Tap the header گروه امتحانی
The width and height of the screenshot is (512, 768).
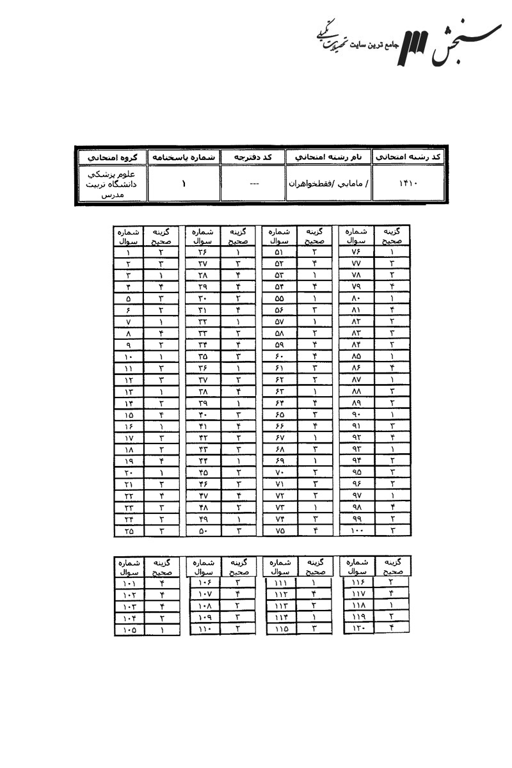(x=111, y=156)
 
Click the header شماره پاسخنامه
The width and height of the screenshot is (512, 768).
(x=184, y=156)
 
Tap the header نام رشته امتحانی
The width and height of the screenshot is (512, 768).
(x=328, y=156)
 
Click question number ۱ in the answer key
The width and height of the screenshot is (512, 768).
(x=129, y=252)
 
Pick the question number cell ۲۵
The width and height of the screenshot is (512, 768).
(x=129, y=531)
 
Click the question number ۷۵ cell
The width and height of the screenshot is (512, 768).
(x=279, y=531)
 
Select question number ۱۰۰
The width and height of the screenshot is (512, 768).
(x=356, y=531)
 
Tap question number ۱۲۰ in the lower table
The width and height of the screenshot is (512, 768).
(x=357, y=630)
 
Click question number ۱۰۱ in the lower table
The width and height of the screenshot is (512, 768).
(x=129, y=583)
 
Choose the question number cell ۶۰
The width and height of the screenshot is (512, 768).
(x=279, y=356)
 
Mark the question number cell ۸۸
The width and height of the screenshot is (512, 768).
(x=356, y=391)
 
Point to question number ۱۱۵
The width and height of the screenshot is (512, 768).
(x=282, y=630)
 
